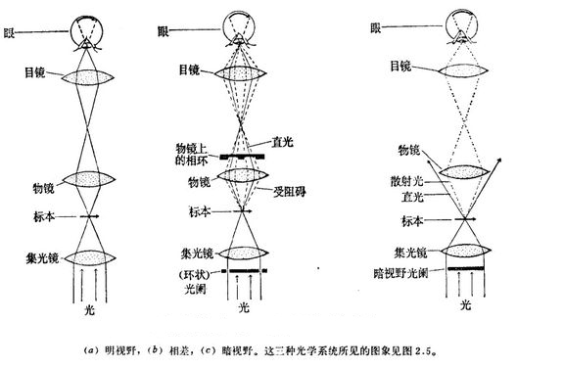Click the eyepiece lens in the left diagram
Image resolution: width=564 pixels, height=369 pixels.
coord(87,77)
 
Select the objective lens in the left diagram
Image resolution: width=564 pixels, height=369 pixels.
coord(88,179)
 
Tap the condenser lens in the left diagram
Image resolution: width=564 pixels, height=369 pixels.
coord(90,257)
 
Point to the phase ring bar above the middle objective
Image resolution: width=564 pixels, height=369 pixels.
coord(242,157)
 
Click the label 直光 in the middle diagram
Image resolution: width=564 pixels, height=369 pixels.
coord(282,142)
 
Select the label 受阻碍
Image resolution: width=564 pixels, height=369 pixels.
coord(290,191)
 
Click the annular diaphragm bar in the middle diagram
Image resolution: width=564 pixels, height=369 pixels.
coord(244,270)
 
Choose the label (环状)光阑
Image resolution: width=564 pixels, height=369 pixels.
coord(195,282)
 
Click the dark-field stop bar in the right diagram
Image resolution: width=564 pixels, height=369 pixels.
coord(466,268)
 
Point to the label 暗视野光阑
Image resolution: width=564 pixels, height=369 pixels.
coord(401,273)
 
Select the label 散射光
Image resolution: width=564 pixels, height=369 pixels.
coord(406,181)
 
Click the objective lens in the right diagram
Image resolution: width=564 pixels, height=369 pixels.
coord(464,172)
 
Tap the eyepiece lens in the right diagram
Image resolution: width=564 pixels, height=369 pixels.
coord(463,69)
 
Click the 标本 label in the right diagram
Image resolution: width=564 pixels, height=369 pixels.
coord(412,220)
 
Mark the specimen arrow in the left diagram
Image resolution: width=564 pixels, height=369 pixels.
coord(89,216)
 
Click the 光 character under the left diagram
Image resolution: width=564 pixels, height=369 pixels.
coord(89,309)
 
